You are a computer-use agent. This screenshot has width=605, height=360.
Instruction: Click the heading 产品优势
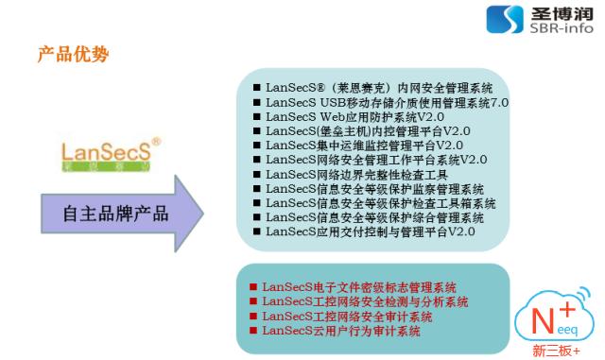point(73,55)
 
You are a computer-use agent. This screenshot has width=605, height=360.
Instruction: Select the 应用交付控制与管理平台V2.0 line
point(370,231)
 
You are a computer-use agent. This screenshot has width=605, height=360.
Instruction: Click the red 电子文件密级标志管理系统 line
point(358,286)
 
